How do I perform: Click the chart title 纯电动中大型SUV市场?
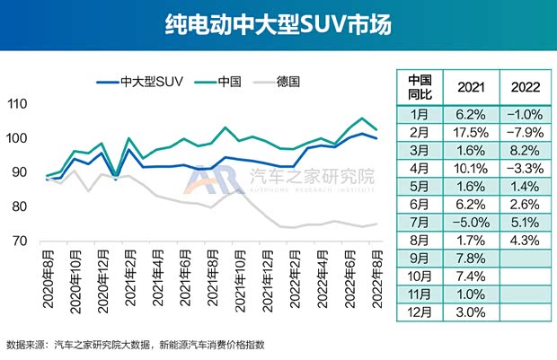tap(278, 23)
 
